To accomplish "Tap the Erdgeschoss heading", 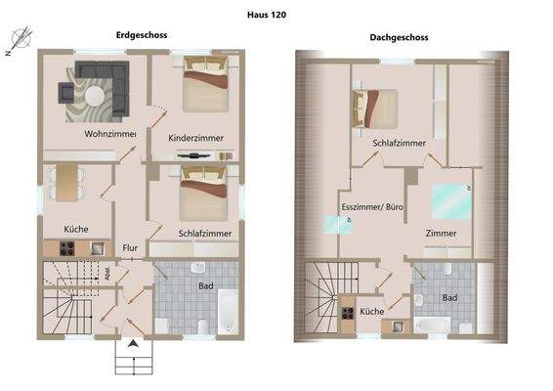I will [143, 35].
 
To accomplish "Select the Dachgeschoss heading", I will [399, 38].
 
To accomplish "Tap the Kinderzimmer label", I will [195, 138].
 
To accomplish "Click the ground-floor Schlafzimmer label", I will [205, 235].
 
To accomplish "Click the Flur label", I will [130, 248].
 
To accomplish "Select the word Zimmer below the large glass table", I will [442, 234].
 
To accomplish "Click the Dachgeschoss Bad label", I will [449, 297].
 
